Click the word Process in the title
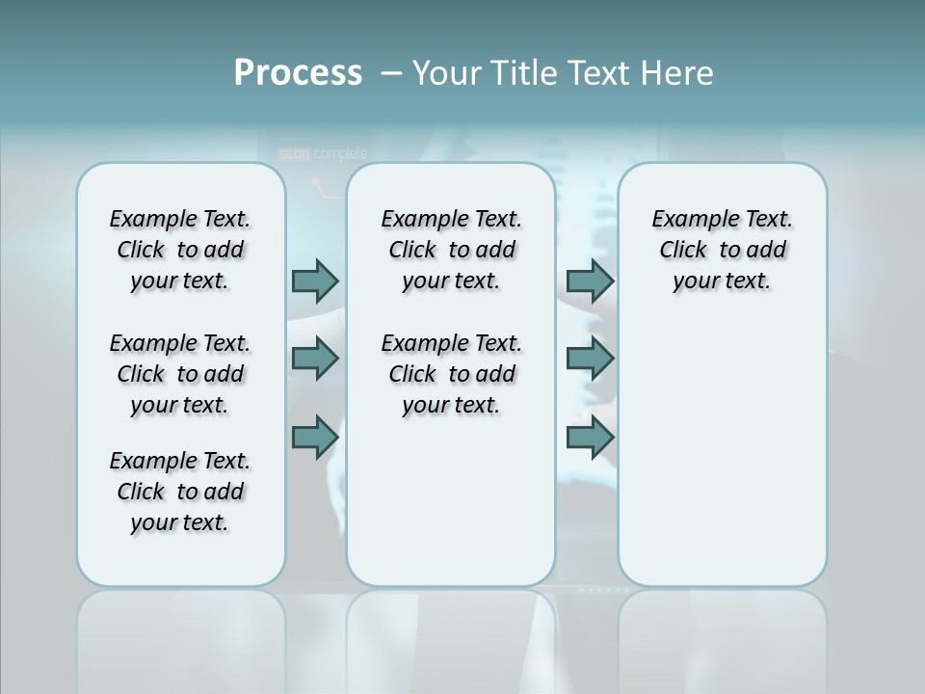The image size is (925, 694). [298, 72]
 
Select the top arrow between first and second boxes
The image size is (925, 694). [315, 280]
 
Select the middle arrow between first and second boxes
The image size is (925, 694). [315, 359]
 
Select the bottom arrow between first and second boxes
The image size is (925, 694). [315, 438]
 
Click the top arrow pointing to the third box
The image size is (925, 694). [590, 280]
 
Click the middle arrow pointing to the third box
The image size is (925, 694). [590, 359]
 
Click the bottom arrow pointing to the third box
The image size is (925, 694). [590, 438]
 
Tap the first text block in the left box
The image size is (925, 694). [180, 250]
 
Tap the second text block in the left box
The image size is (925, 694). [180, 374]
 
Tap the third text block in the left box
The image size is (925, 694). [180, 492]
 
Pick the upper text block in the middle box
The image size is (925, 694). [452, 250]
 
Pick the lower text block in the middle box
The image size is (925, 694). [452, 374]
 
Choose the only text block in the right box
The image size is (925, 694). [723, 250]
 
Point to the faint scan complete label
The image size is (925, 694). [323, 153]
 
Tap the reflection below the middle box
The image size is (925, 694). [451, 636]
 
